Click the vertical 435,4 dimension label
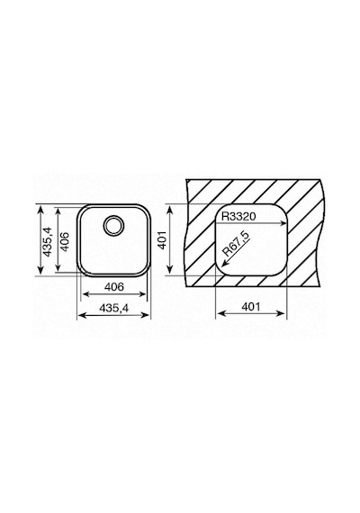tap(48, 241)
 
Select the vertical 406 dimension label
tap(65, 241)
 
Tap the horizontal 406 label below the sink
tap(114, 287)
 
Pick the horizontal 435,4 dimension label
tap(114, 308)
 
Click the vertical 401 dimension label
tap(163, 239)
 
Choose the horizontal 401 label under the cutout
tap(251, 307)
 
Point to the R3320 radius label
tap(238, 216)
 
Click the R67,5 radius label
tap(236, 243)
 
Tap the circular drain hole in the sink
tap(113, 225)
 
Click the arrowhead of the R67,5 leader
tap(224, 264)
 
